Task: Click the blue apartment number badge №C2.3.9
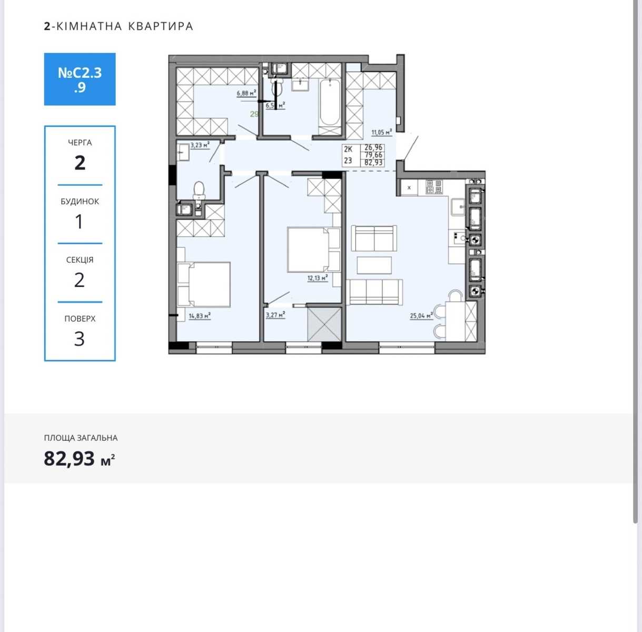(x=80, y=80)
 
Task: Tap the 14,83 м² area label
(x=200, y=316)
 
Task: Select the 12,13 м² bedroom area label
(x=318, y=278)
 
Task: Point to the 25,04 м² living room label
(x=421, y=315)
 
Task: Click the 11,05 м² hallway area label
(x=382, y=132)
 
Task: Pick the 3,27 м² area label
(x=275, y=315)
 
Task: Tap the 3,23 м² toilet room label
(x=200, y=145)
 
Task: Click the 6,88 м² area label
(x=246, y=93)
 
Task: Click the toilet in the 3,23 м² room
(x=199, y=191)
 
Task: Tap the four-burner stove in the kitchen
(x=434, y=187)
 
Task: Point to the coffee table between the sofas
(x=374, y=265)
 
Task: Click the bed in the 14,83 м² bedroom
(x=204, y=284)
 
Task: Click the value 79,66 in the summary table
(x=373, y=155)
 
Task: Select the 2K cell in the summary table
(x=348, y=149)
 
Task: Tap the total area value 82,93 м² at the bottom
(x=80, y=458)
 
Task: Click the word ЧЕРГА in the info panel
(x=80, y=143)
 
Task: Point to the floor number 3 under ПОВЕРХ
(x=80, y=339)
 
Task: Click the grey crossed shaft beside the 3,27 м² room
(x=324, y=324)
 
